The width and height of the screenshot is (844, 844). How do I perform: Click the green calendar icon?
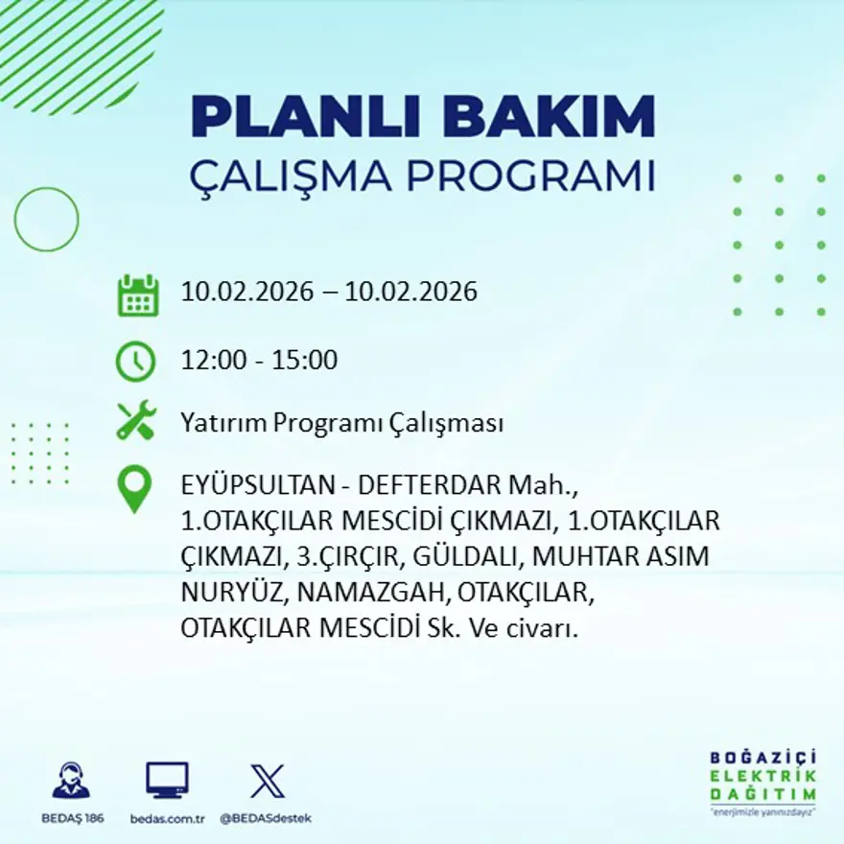point(137,295)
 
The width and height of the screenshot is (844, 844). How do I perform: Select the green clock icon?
point(135,362)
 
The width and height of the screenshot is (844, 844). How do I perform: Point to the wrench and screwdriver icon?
point(136,421)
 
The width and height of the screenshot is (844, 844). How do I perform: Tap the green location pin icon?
point(134,488)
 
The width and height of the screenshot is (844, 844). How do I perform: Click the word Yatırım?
point(217,423)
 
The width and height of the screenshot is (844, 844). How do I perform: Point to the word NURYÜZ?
point(231,593)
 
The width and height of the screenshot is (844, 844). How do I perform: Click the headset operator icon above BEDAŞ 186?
point(71,781)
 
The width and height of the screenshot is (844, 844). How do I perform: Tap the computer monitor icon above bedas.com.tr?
point(167,781)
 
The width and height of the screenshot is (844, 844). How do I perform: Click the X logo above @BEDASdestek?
point(267,781)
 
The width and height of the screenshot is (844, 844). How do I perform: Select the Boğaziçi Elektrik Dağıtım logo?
point(763,782)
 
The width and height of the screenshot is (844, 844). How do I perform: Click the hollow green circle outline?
point(46,220)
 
